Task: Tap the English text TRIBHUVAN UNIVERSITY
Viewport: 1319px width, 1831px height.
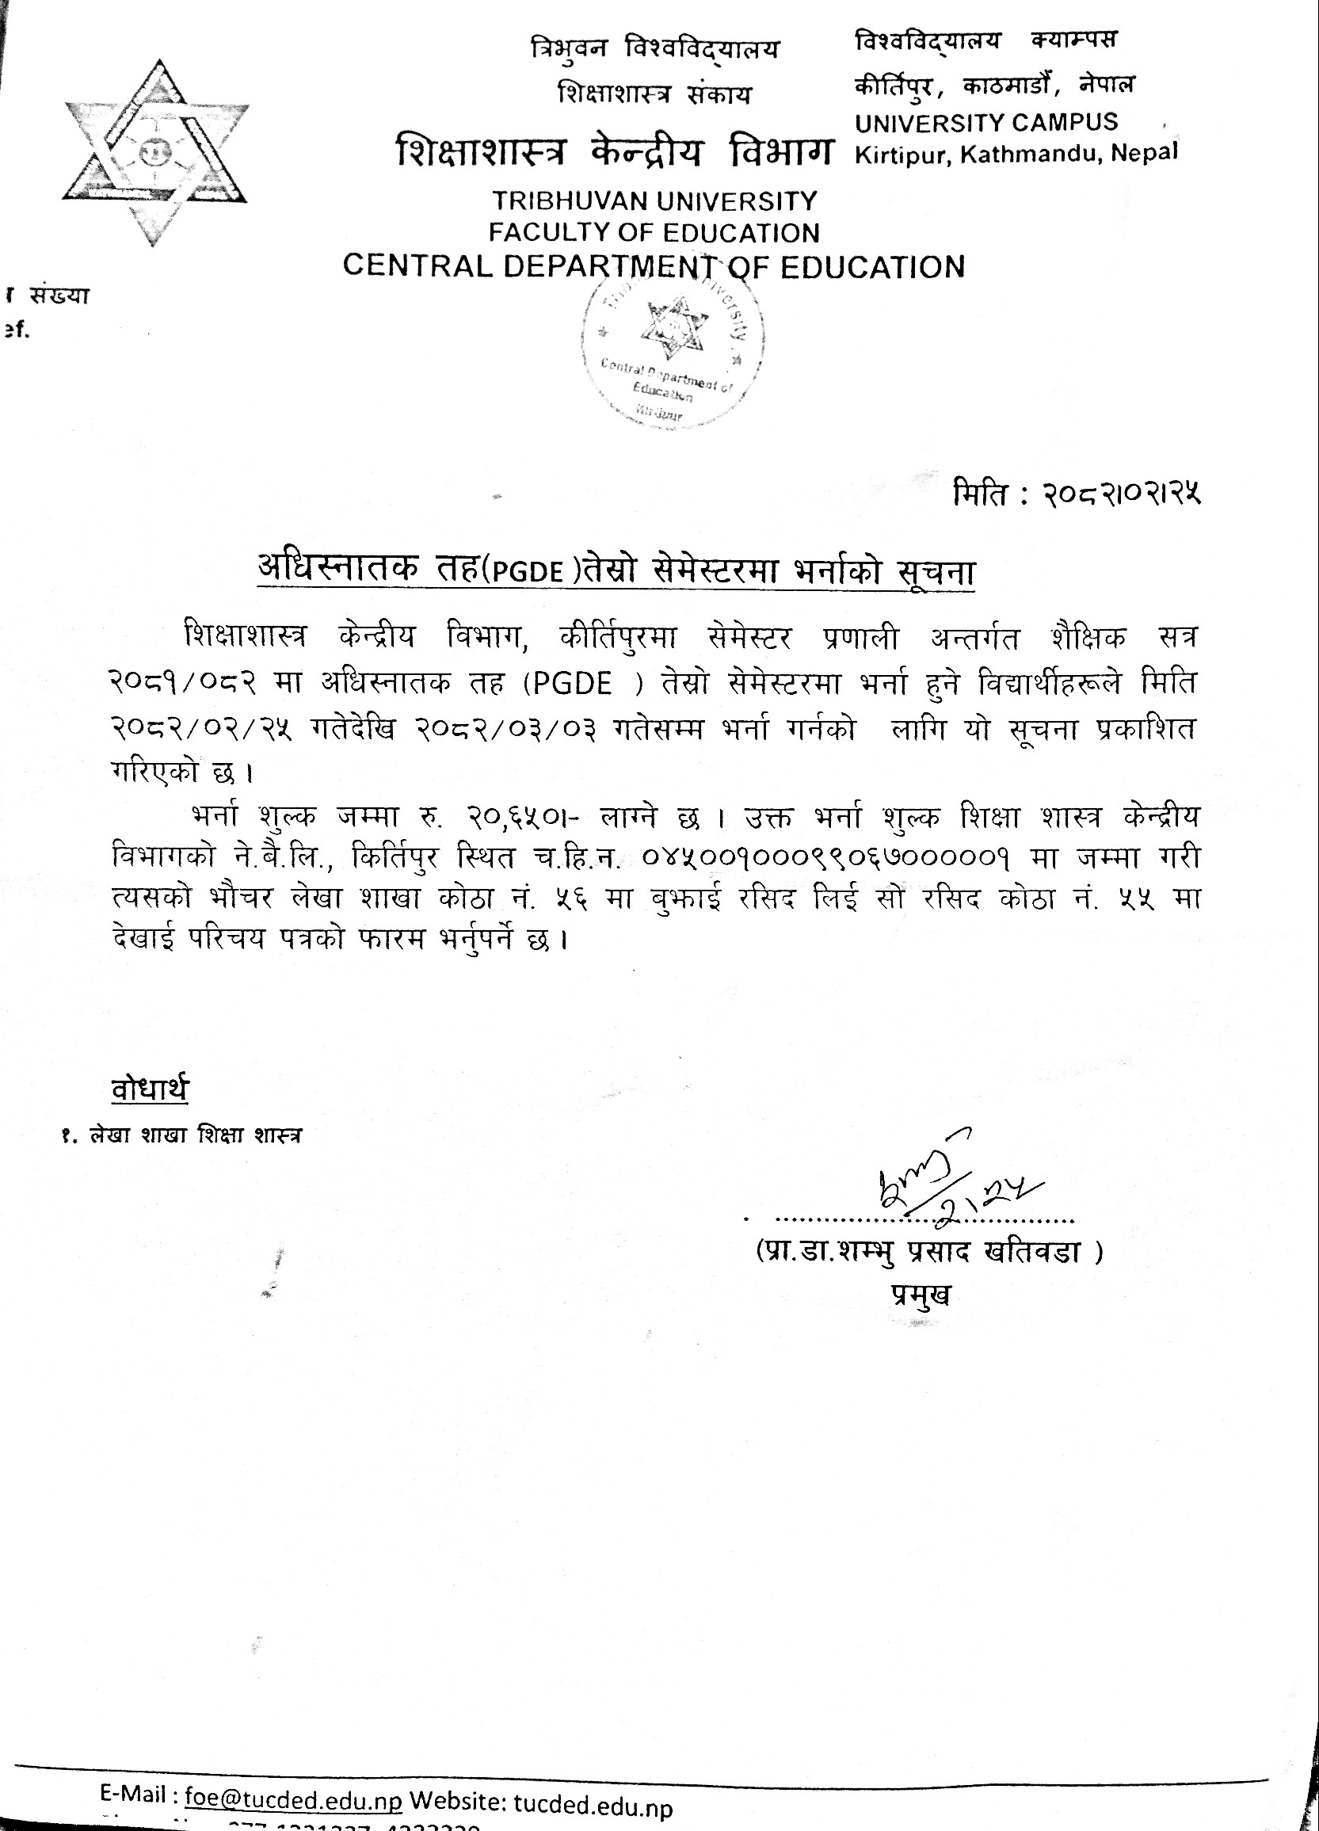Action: point(654,200)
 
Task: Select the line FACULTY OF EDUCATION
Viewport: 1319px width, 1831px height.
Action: point(654,233)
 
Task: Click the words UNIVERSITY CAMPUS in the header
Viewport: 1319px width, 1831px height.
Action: point(986,123)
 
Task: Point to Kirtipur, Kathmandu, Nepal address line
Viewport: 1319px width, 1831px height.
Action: point(1016,154)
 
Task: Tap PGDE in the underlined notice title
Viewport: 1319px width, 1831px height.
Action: point(528,571)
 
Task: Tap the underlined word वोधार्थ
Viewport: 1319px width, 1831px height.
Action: point(151,1089)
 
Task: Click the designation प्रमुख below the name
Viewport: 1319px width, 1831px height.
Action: point(921,1294)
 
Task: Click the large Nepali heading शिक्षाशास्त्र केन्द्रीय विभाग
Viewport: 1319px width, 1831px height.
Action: point(613,153)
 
